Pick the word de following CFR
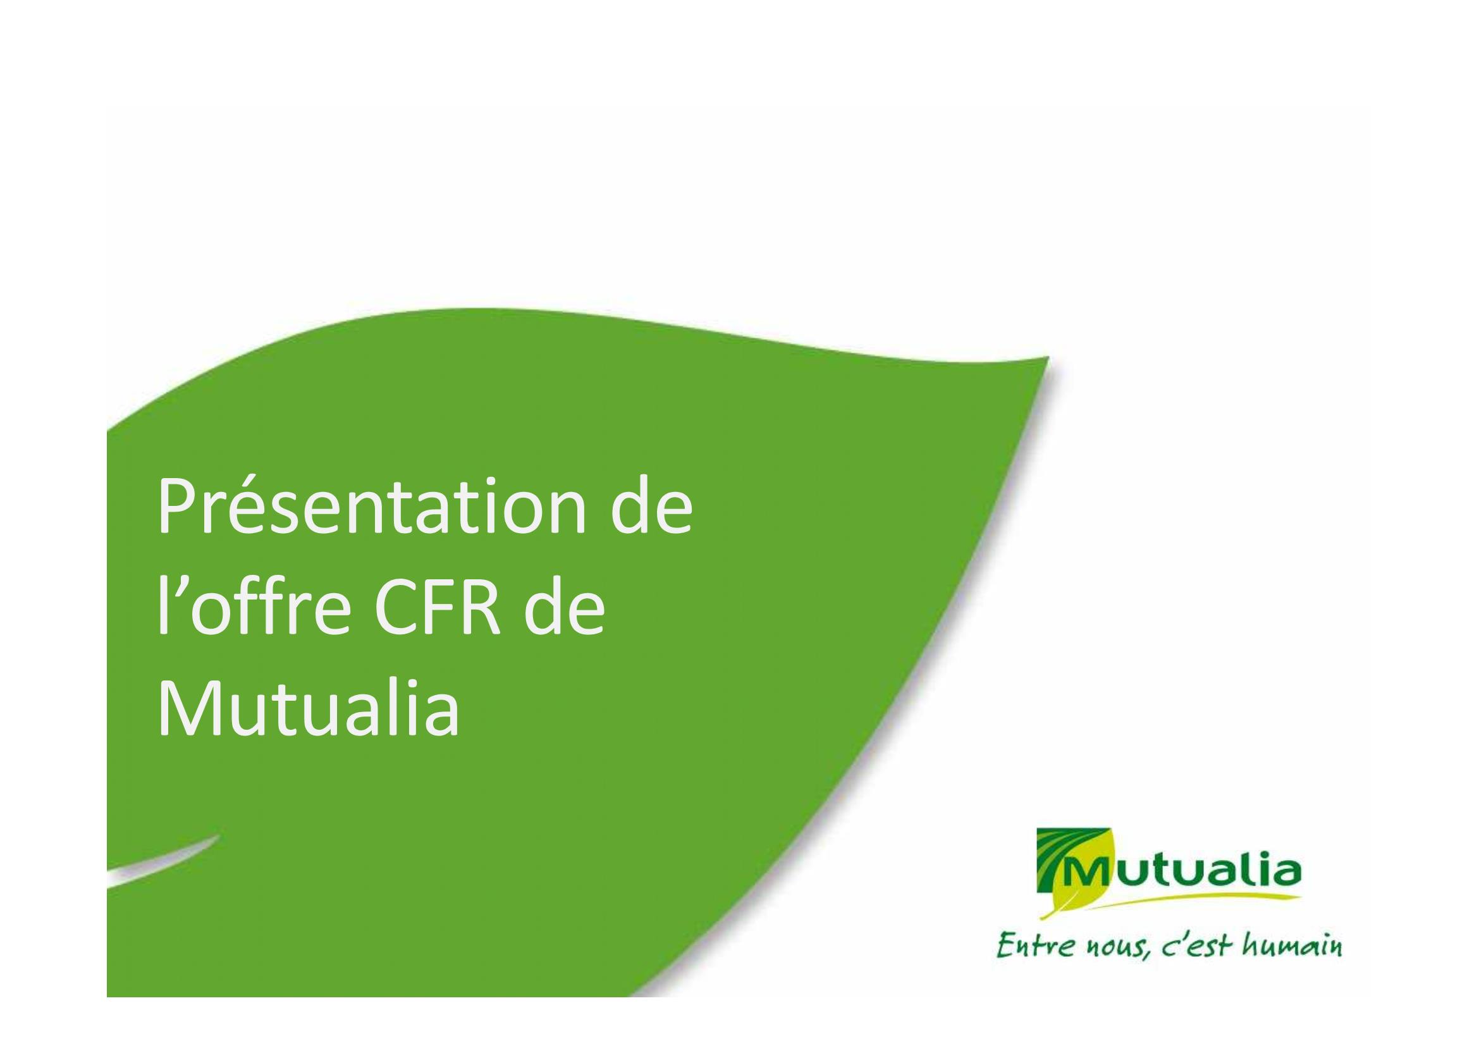click(565, 606)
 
